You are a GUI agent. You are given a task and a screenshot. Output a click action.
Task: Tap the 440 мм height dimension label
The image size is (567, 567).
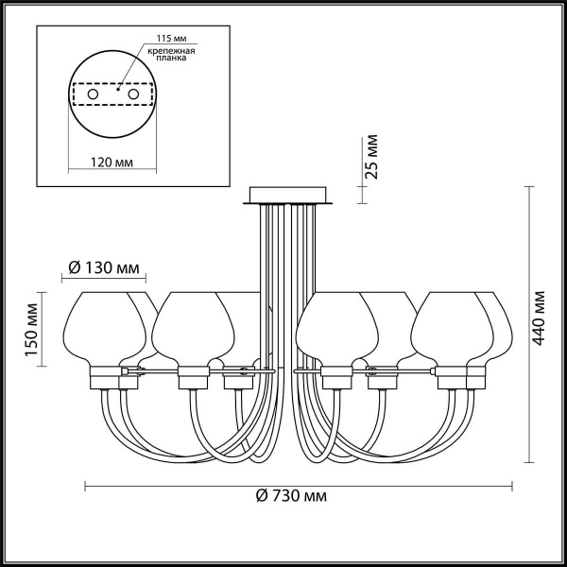539,318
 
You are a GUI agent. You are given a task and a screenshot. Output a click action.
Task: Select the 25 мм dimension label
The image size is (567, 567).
372,157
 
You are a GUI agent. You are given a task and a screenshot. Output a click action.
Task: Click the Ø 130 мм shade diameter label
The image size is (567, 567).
105,268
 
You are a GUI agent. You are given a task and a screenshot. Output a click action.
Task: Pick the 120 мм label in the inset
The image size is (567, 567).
114,163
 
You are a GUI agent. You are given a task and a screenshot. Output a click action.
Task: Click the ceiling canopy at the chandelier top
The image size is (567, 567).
288,197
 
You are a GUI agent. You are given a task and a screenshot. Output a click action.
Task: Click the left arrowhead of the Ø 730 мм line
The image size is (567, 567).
88,487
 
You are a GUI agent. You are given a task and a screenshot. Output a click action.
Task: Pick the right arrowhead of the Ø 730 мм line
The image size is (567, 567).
510,487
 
